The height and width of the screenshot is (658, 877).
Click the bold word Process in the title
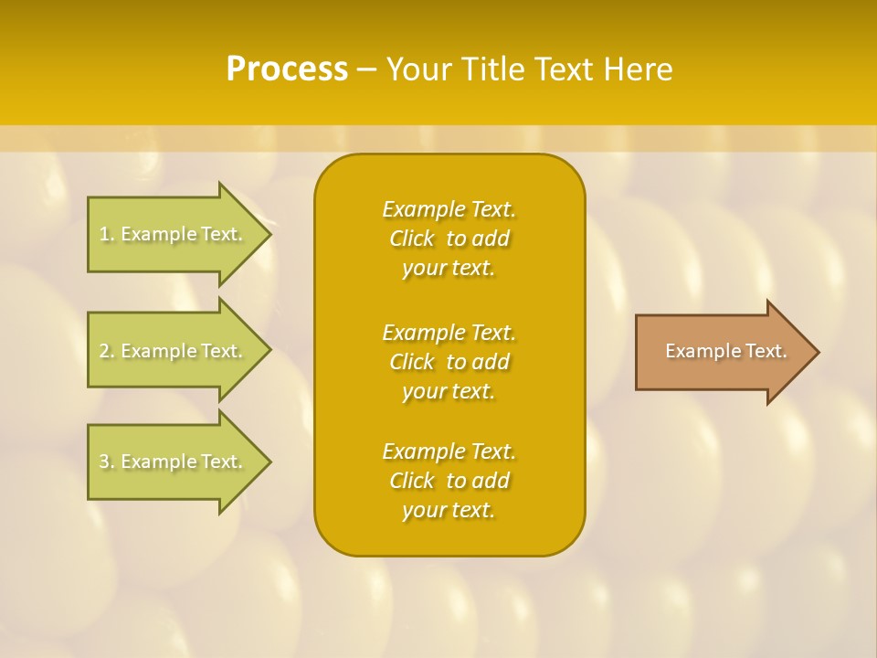287,69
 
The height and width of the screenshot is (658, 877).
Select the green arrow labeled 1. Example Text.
174,234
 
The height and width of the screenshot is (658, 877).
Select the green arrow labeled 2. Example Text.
174,351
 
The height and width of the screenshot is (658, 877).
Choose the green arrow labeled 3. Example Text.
174,462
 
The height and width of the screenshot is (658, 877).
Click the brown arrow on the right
722,352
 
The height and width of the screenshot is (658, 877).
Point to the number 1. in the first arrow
107,234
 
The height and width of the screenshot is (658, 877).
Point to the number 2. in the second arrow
107,351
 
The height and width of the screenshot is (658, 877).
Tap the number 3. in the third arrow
107,462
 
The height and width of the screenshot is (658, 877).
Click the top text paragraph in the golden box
449,239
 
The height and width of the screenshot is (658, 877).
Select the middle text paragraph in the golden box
449,362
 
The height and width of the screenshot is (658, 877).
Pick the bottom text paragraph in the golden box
449,481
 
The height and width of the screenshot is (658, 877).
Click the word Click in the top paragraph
412,239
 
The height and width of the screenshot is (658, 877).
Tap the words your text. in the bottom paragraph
449,511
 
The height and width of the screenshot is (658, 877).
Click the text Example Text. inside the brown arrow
726,351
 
